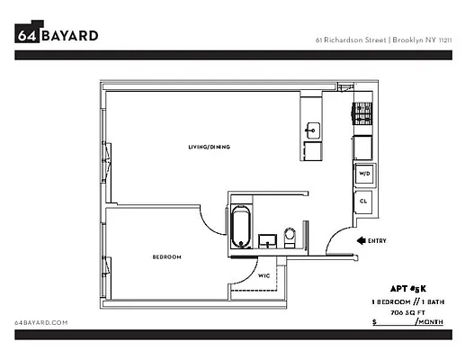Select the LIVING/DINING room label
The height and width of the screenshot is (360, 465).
click(x=210, y=147)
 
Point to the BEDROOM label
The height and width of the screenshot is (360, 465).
click(x=166, y=257)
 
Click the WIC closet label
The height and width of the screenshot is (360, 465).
click(x=264, y=276)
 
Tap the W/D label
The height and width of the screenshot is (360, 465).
click(x=364, y=172)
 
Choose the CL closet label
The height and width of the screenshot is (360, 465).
click(x=363, y=202)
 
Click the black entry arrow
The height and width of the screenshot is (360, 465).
click(x=361, y=240)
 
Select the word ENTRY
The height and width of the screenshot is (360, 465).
click(x=378, y=240)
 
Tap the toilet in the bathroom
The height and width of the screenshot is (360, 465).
click(x=290, y=238)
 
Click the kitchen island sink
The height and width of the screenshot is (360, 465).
click(x=312, y=130)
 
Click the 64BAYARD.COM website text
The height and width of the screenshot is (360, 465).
click(x=42, y=321)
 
